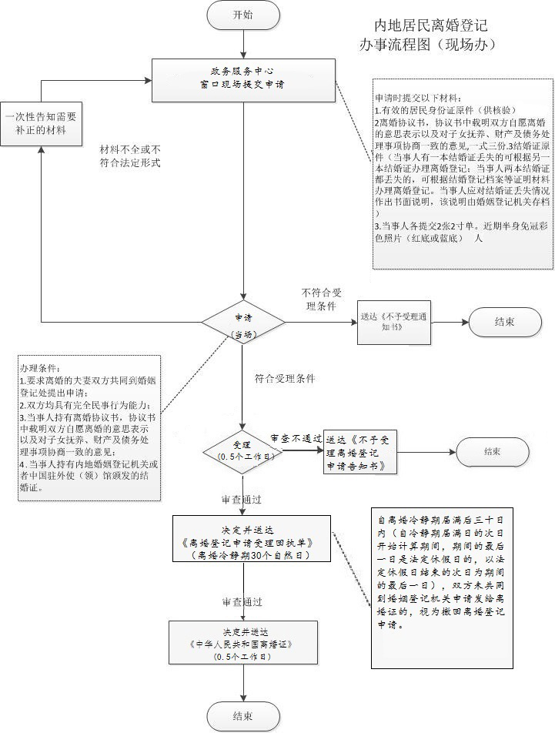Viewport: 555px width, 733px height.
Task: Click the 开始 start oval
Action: [x=242, y=15]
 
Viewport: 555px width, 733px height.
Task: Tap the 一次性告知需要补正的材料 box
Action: [x=40, y=123]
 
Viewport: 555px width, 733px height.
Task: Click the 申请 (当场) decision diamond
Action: [x=242, y=324]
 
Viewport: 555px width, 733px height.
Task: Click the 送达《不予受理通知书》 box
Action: [x=393, y=322]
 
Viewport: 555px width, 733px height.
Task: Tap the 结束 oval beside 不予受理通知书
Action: [x=505, y=321]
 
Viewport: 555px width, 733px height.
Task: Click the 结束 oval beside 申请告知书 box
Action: [x=492, y=451]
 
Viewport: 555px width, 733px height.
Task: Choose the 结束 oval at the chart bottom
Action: [x=242, y=716]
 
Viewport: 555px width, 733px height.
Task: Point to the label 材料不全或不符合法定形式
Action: [x=131, y=156]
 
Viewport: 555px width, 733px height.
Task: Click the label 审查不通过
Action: [x=296, y=438]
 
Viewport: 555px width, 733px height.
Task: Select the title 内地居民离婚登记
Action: [x=431, y=25]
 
